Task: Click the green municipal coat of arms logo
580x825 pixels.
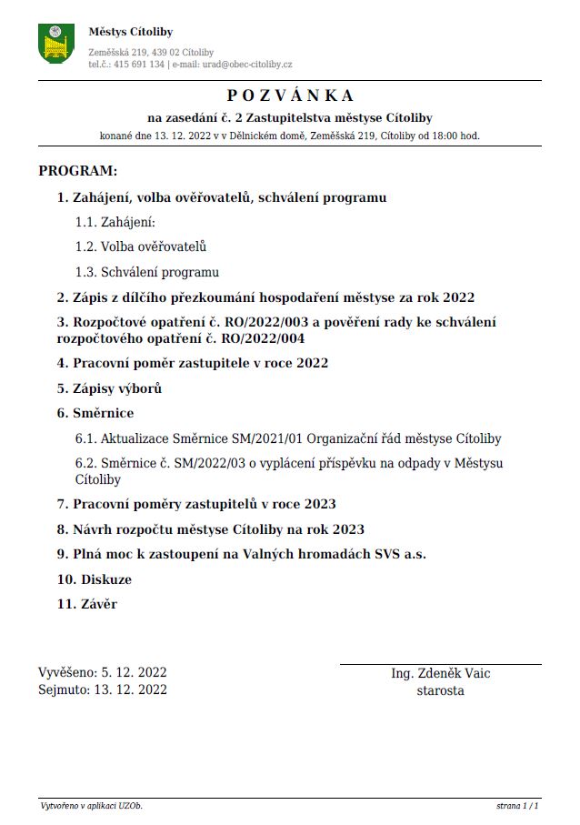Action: pos(56,44)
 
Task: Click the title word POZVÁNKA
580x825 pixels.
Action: pos(289,96)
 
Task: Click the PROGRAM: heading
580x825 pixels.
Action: pos(78,170)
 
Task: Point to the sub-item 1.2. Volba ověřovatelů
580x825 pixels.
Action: pos(141,246)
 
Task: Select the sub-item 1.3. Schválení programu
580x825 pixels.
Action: pos(147,272)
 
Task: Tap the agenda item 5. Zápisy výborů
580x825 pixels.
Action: pos(109,388)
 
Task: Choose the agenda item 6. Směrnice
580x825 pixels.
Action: pos(95,413)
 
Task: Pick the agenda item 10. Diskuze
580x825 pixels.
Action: pos(94,579)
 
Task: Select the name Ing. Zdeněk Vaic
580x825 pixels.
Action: pos(440,673)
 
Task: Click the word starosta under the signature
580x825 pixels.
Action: pos(440,690)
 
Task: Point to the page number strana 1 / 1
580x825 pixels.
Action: pos(517,806)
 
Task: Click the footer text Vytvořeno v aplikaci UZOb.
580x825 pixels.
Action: pos(92,806)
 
